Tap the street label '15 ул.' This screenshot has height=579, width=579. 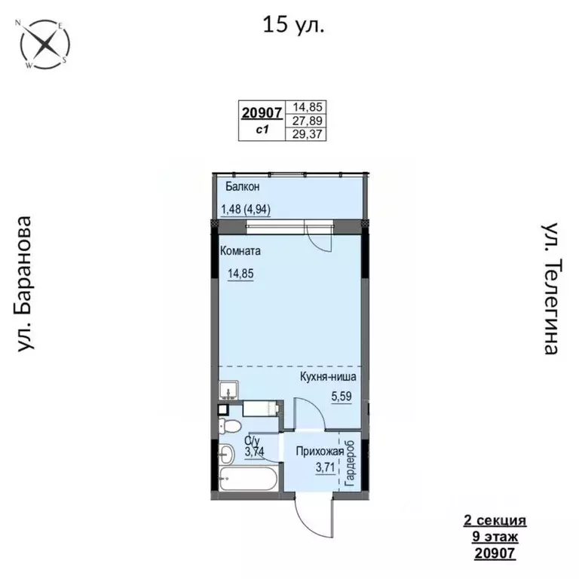click(293, 25)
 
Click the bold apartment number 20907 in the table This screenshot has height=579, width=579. click(262, 113)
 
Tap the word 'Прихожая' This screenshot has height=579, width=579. click(320, 452)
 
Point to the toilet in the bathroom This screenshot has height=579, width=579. click(228, 427)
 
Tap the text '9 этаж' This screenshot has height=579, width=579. click(494, 538)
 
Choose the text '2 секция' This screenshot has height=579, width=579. click(494, 521)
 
